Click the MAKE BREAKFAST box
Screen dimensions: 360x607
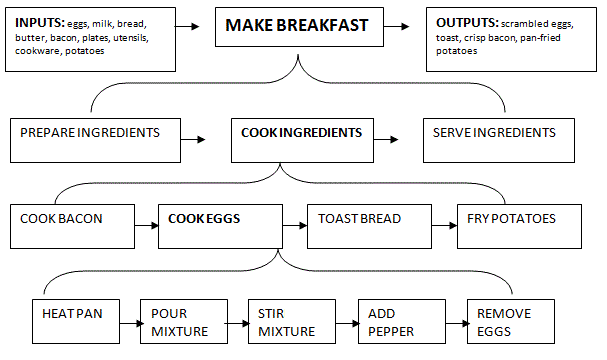299,29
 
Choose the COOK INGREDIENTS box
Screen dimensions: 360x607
300,139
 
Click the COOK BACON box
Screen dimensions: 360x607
76,226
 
